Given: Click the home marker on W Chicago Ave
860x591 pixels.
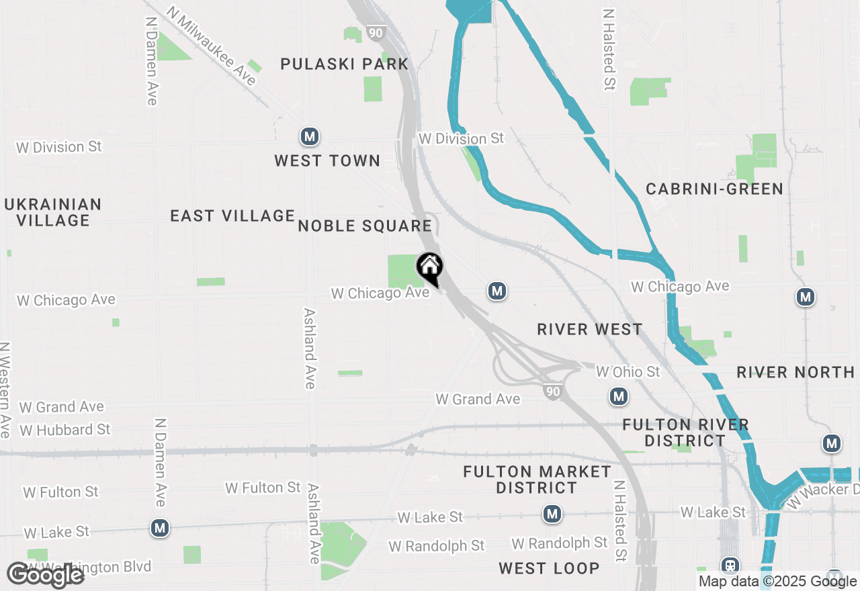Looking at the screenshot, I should pyautogui.click(x=429, y=268).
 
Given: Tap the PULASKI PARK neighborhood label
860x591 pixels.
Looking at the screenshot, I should pyautogui.click(x=344, y=64).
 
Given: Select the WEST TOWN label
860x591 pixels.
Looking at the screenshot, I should pyautogui.click(x=327, y=161).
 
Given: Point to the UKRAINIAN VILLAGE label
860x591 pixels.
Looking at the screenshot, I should pyautogui.click(x=53, y=212).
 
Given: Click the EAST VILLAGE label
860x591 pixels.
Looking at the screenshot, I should pyautogui.click(x=232, y=216).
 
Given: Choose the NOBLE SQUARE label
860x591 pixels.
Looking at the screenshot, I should pyautogui.click(x=365, y=226).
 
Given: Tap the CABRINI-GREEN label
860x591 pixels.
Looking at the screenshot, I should pyautogui.click(x=714, y=189).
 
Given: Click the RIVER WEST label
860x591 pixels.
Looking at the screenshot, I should pyautogui.click(x=590, y=329).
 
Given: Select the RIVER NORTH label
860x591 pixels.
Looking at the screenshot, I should pyautogui.click(x=795, y=372).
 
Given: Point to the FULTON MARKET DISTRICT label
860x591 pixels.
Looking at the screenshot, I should pyautogui.click(x=537, y=480).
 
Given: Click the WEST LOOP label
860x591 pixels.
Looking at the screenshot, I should pyautogui.click(x=549, y=568).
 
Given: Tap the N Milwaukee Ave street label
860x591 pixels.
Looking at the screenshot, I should pyautogui.click(x=212, y=46).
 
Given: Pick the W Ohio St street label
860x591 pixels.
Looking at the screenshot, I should pyautogui.click(x=628, y=371).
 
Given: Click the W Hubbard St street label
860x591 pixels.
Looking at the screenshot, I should pyautogui.click(x=64, y=429).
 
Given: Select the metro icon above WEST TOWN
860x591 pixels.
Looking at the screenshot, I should pyautogui.click(x=309, y=137).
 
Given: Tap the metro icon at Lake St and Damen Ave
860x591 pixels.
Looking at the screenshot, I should pyautogui.click(x=159, y=528).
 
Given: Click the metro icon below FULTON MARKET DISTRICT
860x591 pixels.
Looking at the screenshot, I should pyautogui.click(x=552, y=514).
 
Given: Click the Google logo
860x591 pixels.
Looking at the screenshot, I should pyautogui.click(x=45, y=575).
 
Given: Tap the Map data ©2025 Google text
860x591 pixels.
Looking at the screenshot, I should pyautogui.click(x=777, y=582).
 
